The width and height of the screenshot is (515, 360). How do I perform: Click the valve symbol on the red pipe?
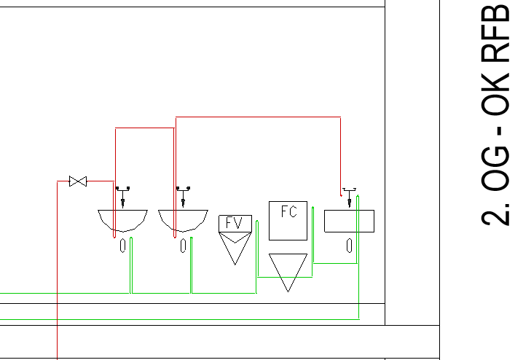(78, 181)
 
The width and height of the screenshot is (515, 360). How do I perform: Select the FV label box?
(235, 224)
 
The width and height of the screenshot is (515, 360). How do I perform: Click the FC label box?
(288, 221)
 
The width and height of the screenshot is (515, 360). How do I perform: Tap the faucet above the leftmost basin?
(123, 197)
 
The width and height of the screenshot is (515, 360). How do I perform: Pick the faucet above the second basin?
(183, 197)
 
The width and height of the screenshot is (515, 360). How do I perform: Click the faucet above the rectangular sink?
(349, 197)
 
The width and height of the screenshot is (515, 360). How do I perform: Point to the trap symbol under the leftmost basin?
(123, 246)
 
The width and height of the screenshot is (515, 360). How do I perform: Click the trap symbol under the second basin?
(184, 246)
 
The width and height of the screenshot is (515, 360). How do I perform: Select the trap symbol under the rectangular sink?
(350, 246)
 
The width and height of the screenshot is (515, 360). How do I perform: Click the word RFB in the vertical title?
(495, 33)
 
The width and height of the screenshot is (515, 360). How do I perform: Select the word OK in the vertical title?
(495, 93)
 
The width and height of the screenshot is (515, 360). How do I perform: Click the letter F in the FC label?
(284, 211)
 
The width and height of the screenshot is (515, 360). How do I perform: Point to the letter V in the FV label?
(238, 223)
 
